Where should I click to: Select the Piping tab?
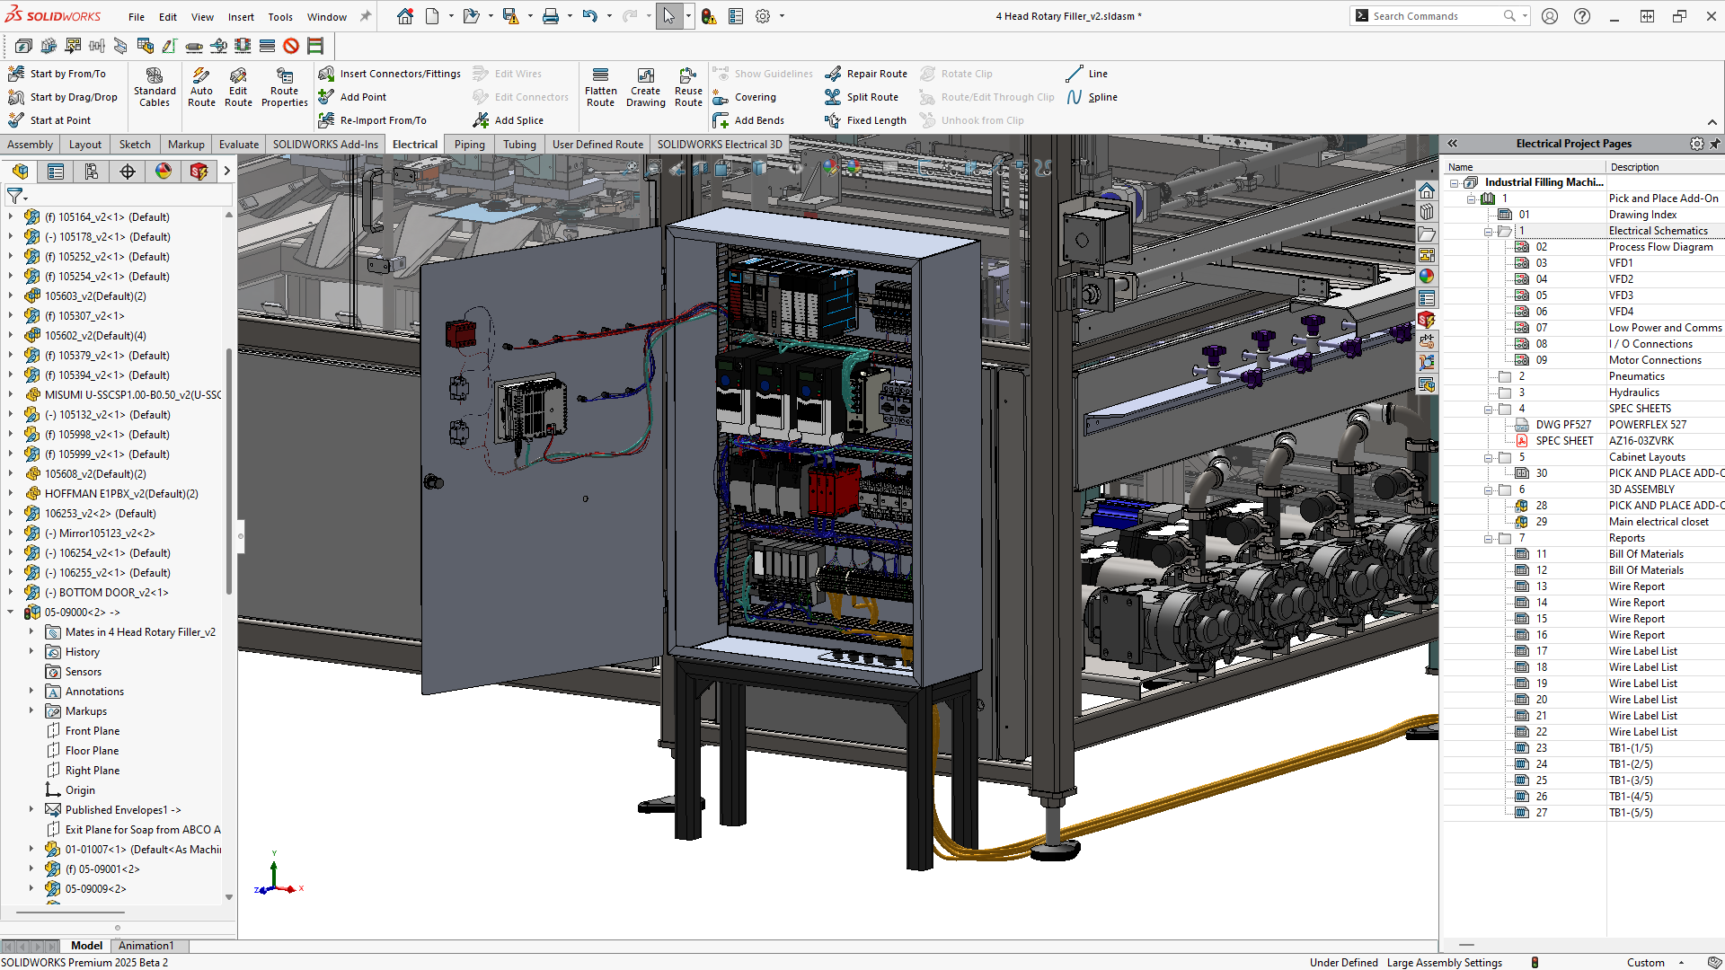[x=469, y=145]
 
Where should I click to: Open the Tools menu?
[x=280, y=16]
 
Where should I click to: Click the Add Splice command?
[x=518, y=120]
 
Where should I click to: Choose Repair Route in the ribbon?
[x=876, y=74]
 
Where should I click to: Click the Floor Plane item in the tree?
[x=92, y=751]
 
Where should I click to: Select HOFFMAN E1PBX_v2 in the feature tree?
[x=120, y=494]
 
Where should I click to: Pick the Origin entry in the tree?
[x=80, y=790]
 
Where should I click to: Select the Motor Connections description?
[x=1654, y=360]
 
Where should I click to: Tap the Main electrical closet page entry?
[x=1658, y=522]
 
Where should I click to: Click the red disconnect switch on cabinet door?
[x=461, y=334]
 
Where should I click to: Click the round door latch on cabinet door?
[x=433, y=482]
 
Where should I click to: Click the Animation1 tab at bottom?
[x=146, y=946]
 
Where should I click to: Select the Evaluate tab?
[x=238, y=145]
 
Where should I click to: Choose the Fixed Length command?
[x=876, y=120]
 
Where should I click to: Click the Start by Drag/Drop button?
[x=73, y=97]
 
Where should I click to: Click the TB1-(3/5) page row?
[x=1630, y=780]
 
